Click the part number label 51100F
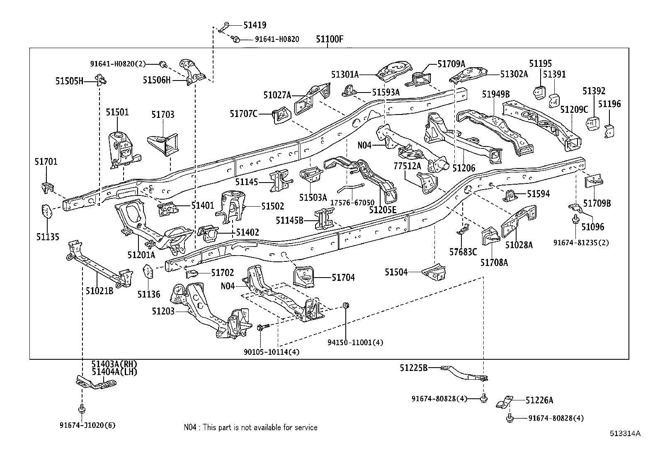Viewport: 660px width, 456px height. pos(330,39)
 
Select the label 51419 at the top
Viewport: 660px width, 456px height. pos(255,25)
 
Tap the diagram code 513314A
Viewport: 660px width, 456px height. pos(625,433)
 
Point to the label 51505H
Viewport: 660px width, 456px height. pos(70,81)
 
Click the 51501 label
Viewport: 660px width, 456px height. pos(117,112)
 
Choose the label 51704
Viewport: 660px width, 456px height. pos(343,278)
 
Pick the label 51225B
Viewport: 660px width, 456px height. pos(414,368)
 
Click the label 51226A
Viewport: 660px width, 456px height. pos(539,400)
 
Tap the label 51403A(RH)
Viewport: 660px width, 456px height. pos(114,364)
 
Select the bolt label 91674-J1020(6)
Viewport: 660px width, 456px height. pos(87,425)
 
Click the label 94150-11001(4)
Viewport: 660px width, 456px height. pos(355,342)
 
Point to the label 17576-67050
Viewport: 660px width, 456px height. pos(352,202)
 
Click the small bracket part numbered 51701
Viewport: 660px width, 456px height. pos(47,188)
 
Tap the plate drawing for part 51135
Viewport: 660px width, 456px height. pos(46,211)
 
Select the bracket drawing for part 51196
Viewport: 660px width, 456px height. pos(609,131)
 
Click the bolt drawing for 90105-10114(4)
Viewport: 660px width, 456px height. pos(263,327)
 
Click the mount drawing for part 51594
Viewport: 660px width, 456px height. pos(510,196)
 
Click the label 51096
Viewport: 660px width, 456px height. pos(592,227)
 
